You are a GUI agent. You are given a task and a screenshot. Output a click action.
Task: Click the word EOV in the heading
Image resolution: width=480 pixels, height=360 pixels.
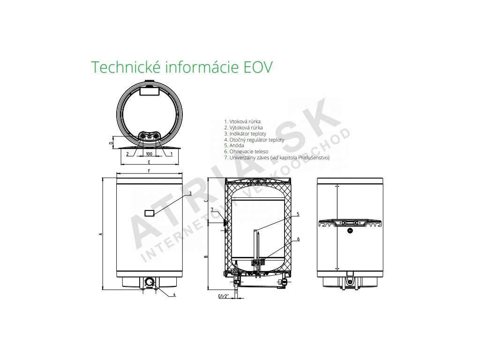pos(257,67)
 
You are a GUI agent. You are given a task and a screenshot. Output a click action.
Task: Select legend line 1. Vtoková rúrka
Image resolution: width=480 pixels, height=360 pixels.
pos(242,121)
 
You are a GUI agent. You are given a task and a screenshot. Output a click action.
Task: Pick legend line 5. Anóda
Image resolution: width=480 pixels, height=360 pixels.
pos(234,145)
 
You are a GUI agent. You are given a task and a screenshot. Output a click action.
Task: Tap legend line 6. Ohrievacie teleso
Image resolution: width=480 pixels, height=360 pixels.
pos(246,151)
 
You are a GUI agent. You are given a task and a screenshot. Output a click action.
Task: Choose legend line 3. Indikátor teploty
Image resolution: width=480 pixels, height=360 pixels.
pos(245,134)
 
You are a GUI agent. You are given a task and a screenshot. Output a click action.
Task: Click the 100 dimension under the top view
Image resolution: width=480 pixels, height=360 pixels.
pos(149,154)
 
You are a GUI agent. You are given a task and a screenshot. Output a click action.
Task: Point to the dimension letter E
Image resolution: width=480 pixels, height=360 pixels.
pos(149,162)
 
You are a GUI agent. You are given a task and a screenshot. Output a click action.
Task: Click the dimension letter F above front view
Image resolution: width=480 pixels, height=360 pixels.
pos(149,171)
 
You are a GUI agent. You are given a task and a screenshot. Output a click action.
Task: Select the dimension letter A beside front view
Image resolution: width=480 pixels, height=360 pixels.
pos(100,234)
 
